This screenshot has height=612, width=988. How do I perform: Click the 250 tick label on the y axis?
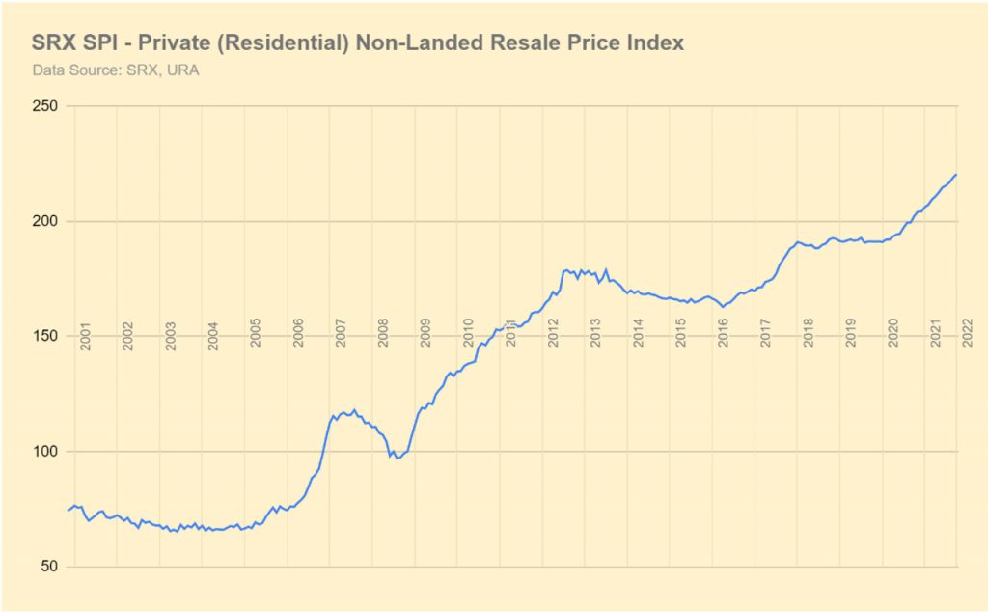[x=45, y=105]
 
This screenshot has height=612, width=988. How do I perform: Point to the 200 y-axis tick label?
[x=45, y=221]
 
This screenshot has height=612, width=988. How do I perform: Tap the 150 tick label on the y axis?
[x=45, y=336]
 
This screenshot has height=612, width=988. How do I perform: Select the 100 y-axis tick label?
[x=45, y=451]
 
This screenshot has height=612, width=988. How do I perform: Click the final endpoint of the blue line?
[x=956, y=174]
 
